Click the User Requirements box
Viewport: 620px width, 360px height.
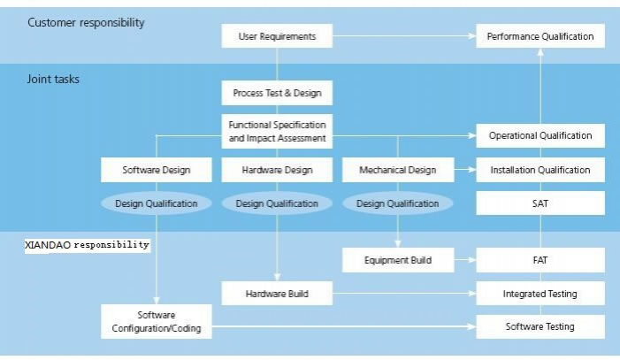pos(277,36)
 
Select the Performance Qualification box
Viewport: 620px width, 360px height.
pos(540,36)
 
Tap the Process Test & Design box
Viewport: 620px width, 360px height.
pos(277,93)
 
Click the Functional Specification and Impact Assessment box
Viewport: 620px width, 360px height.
pos(277,132)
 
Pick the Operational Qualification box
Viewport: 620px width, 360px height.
pos(540,135)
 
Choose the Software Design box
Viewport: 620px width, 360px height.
pos(156,170)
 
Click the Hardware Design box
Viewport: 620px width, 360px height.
pos(277,170)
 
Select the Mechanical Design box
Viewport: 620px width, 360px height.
pos(397,170)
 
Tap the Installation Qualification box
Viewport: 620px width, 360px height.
pos(540,170)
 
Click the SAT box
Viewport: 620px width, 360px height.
pos(540,203)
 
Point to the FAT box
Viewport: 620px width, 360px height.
pos(540,260)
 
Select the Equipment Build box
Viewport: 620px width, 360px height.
pos(397,260)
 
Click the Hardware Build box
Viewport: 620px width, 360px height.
pos(277,293)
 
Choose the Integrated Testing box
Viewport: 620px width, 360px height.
pos(540,293)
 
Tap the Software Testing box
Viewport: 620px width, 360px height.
pos(540,326)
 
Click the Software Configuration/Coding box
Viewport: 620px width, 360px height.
pos(156,322)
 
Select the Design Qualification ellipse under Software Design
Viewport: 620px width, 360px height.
pos(156,203)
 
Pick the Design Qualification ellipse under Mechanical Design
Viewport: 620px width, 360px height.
pos(397,203)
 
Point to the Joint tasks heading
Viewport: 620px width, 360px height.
pos(52,79)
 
